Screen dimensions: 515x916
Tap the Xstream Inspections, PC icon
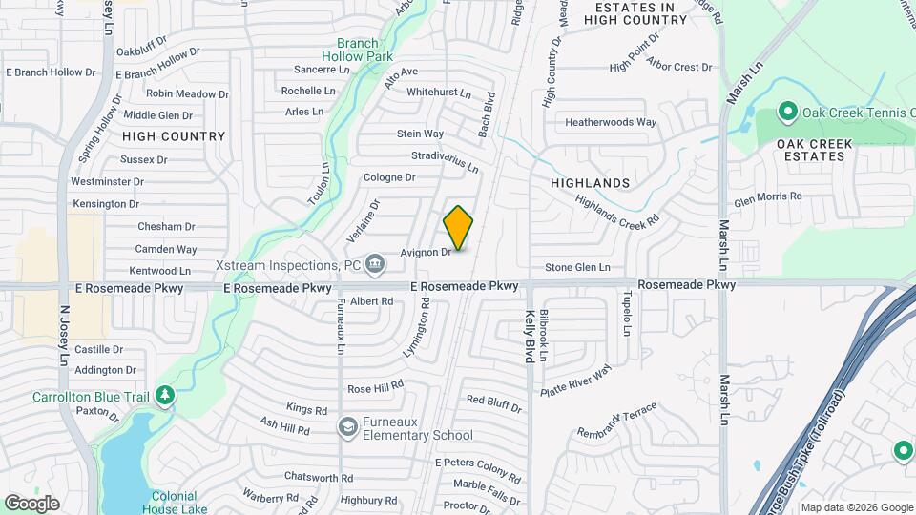(x=375, y=263)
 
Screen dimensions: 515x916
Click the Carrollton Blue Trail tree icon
(x=165, y=394)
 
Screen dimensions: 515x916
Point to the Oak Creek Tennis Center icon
(x=788, y=113)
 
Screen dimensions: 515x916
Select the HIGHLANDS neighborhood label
(x=591, y=182)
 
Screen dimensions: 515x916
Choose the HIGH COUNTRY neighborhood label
(x=174, y=136)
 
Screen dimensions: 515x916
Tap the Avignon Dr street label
(x=426, y=253)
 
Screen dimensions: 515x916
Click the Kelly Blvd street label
(x=529, y=336)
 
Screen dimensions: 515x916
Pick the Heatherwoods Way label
(x=611, y=122)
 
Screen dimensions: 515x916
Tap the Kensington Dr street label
(x=106, y=204)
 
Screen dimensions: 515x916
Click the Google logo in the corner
(x=31, y=503)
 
